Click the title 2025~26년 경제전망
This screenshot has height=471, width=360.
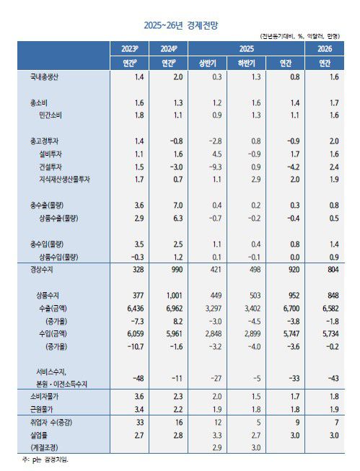[x=180, y=25]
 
